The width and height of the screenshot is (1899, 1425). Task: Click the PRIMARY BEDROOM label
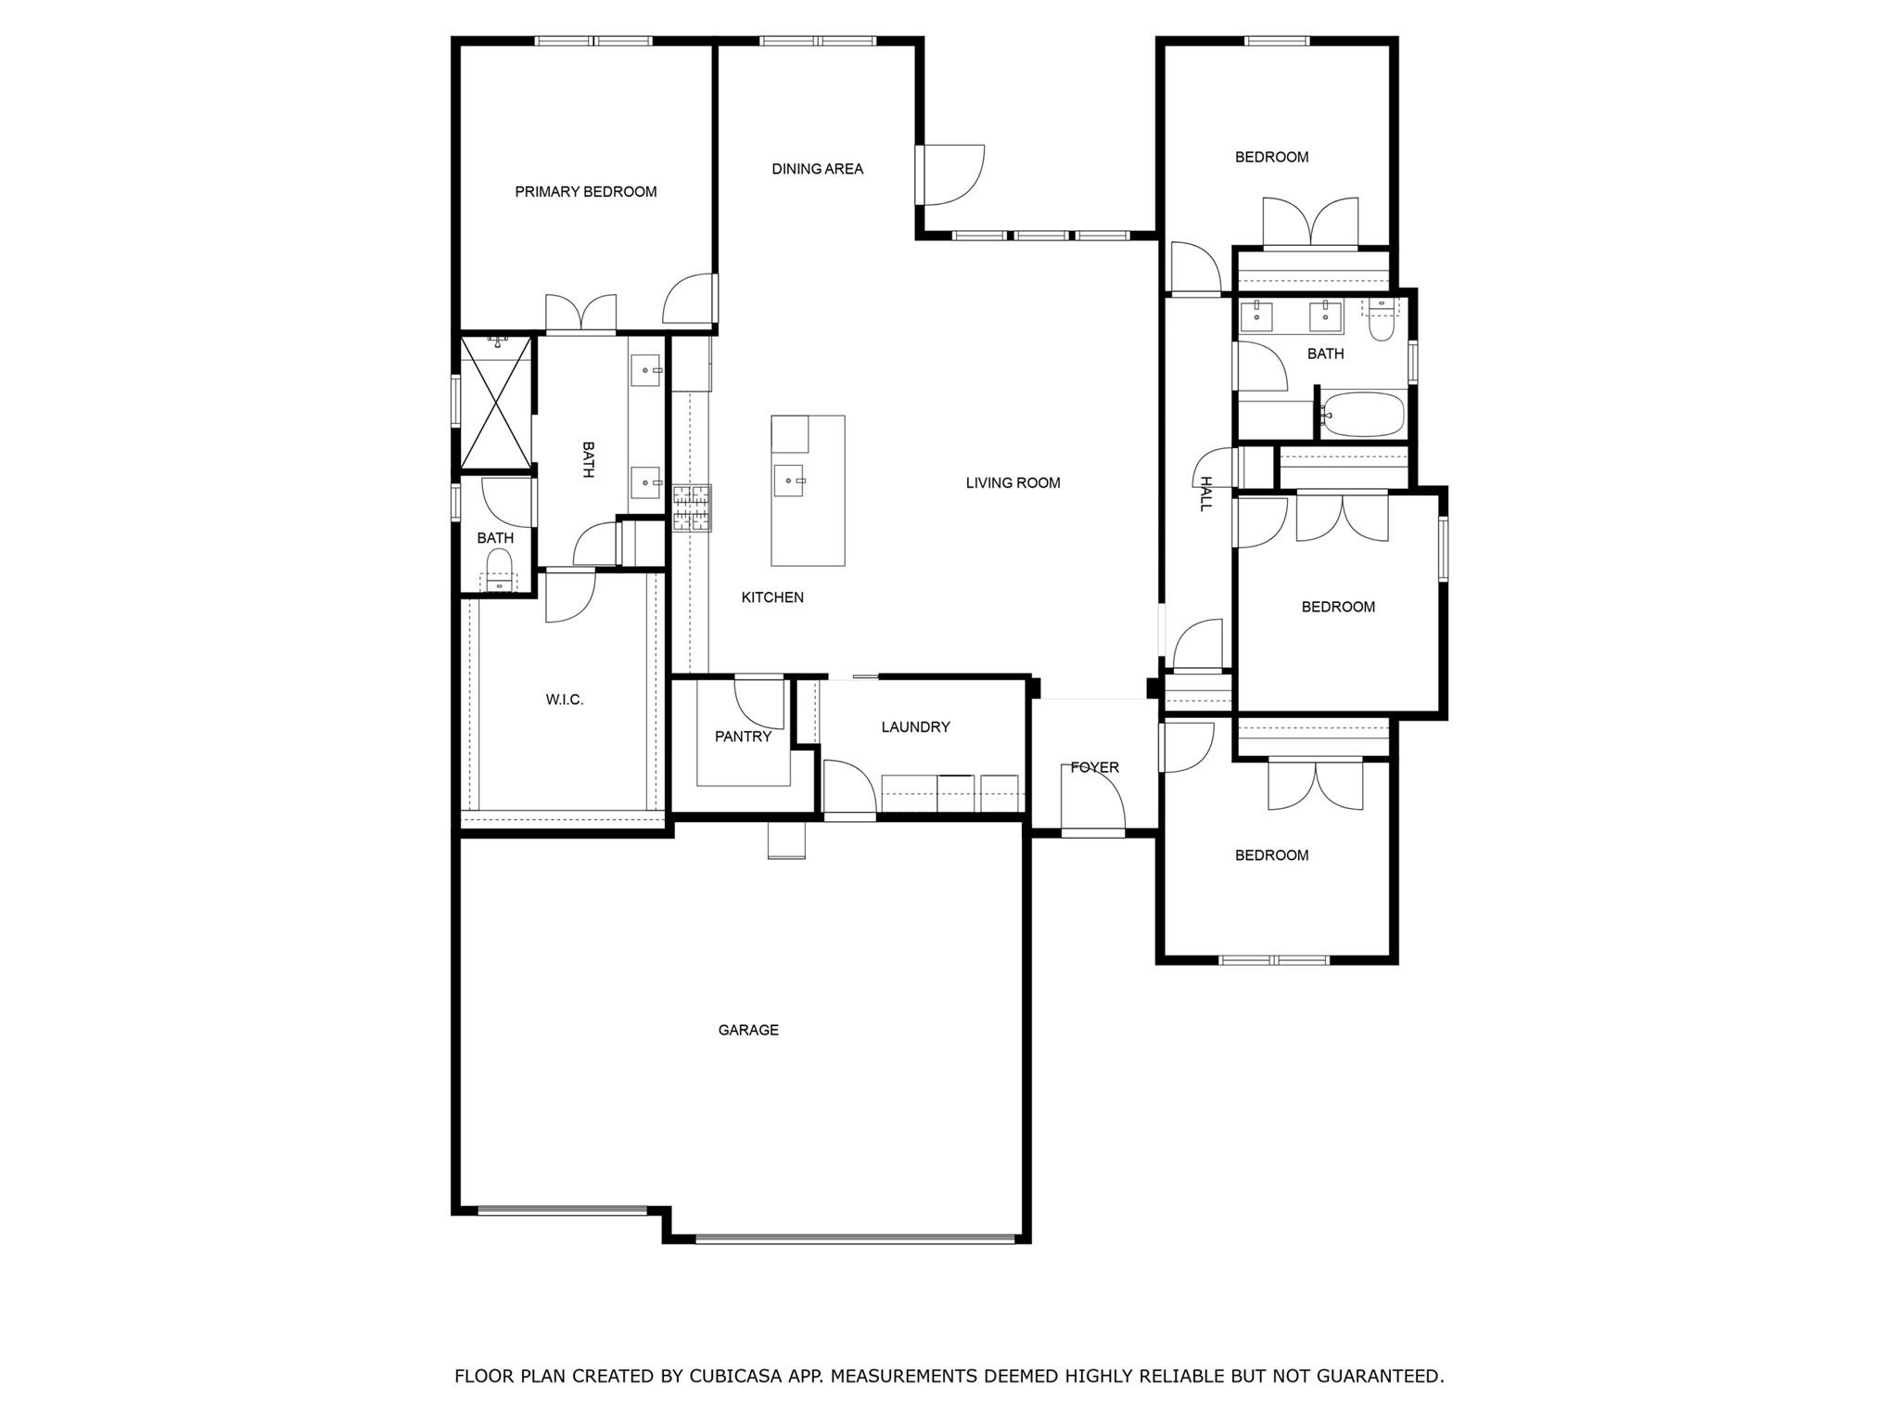tap(585, 192)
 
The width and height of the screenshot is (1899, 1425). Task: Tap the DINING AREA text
tap(817, 169)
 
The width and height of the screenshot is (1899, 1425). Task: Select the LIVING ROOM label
tap(1013, 482)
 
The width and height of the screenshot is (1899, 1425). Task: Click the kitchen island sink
tap(789, 481)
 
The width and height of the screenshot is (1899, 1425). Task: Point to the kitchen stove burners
tap(692, 508)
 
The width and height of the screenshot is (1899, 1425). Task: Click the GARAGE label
tap(747, 1030)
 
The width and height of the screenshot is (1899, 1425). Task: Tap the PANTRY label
tap(743, 737)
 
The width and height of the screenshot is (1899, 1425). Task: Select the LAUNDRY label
tap(915, 727)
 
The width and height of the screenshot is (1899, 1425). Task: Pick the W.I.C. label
tap(564, 700)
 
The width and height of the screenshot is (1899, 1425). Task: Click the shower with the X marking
tap(497, 401)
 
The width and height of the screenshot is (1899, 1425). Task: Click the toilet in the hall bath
tap(1381, 321)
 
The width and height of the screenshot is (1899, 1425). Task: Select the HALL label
tap(1205, 494)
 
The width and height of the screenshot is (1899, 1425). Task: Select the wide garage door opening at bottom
tap(855, 1238)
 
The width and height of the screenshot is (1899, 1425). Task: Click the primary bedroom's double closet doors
tap(580, 315)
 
